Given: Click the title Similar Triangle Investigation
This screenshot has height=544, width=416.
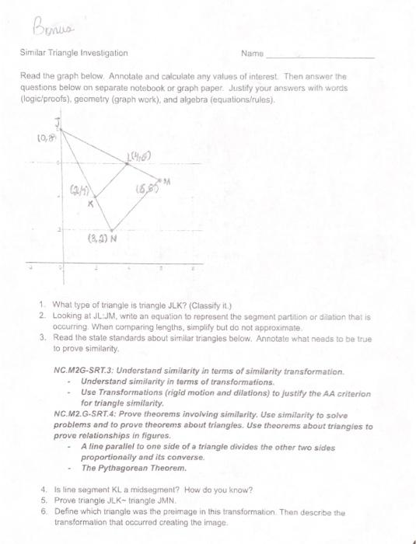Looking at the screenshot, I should [x=75, y=53].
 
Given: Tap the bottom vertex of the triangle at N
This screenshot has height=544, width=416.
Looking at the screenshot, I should [x=111, y=230].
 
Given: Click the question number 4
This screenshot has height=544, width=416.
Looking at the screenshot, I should [x=40, y=490].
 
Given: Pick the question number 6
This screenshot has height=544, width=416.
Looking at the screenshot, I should [x=40, y=513].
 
